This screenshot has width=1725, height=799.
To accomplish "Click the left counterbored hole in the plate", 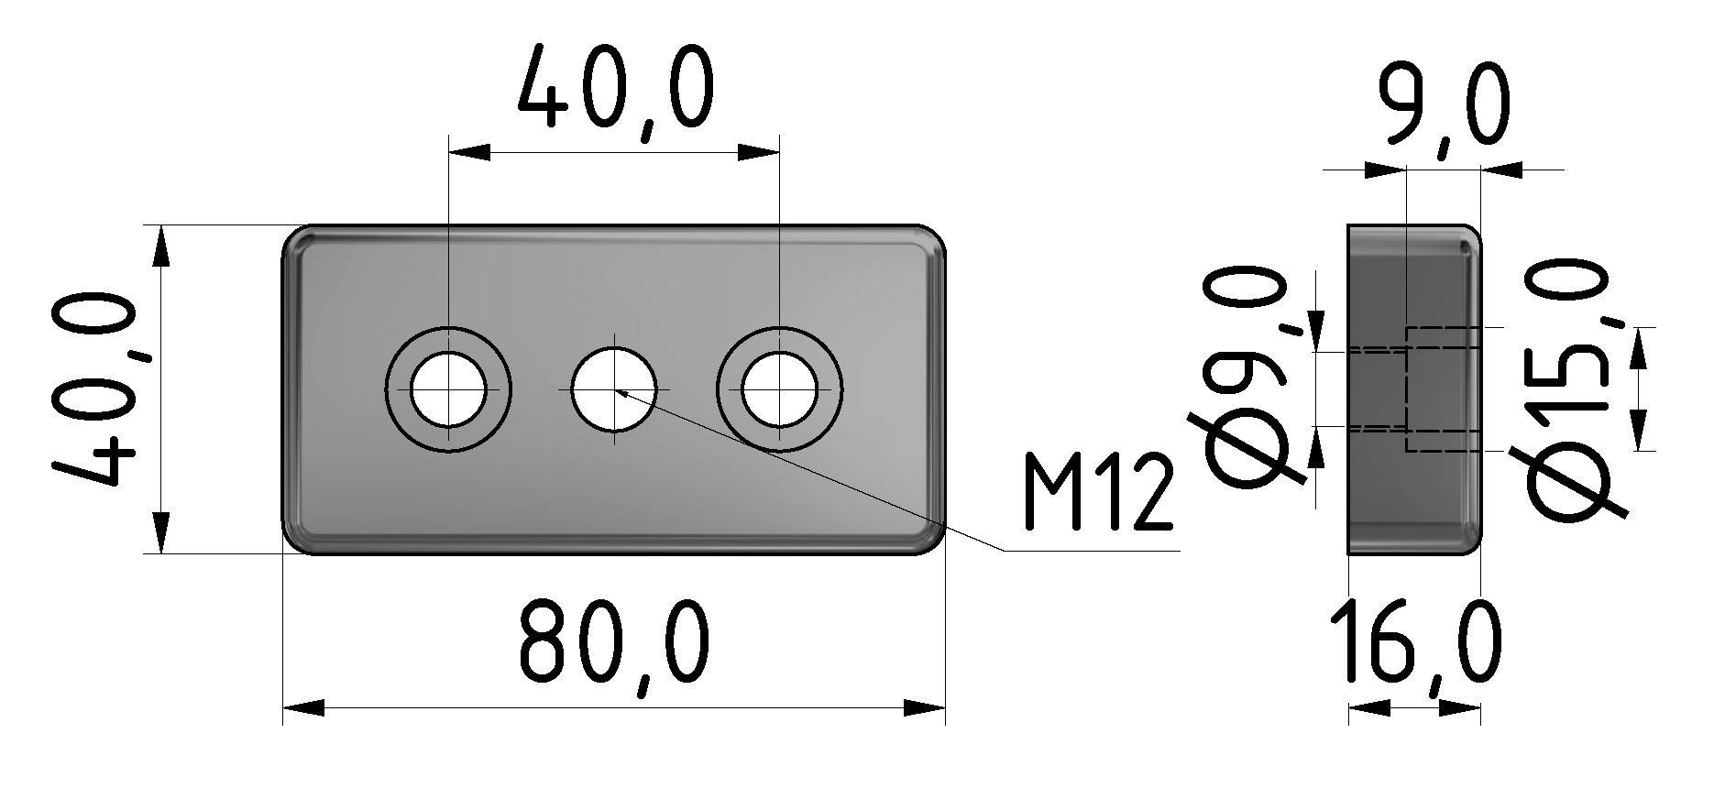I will [448, 389].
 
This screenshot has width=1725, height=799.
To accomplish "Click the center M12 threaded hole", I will [613, 389].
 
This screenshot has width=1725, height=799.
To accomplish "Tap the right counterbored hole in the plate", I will [779, 389].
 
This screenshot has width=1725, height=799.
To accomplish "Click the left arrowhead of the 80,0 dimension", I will [302, 708].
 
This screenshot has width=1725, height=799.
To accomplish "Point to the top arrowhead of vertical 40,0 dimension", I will [160, 246].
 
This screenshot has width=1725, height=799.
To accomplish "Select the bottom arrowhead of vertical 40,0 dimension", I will [160, 533].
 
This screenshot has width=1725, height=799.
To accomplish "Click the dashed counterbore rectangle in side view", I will [1443, 389].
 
